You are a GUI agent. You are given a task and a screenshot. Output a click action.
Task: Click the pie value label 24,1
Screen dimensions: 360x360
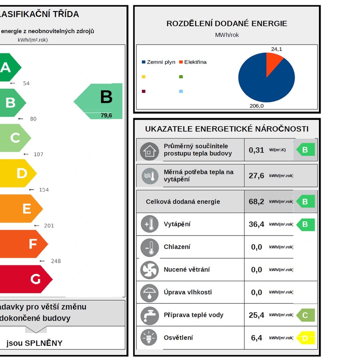(276, 49)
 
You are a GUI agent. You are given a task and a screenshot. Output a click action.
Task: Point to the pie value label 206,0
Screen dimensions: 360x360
(257, 106)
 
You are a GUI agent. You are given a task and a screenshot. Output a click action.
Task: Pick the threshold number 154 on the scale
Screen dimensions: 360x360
(44, 190)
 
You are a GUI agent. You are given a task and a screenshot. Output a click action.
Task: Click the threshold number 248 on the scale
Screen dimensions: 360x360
(56, 261)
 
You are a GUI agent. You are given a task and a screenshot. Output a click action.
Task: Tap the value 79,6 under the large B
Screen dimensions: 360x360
(106, 115)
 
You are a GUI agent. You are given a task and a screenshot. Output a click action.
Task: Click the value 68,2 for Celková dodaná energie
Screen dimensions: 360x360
(256, 202)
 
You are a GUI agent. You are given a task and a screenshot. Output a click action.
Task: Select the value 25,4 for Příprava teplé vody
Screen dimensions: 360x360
(256, 315)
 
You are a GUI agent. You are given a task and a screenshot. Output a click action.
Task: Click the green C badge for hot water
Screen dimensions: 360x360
(305, 315)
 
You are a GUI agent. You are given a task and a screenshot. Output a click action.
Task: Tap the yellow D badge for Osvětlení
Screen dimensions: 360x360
(305, 338)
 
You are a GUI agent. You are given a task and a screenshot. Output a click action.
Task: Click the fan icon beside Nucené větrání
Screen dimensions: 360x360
(150, 270)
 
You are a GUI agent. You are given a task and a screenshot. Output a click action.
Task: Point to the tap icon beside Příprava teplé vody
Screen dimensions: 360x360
(150, 315)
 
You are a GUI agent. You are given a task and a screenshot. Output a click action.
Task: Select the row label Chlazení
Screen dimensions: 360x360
(177, 247)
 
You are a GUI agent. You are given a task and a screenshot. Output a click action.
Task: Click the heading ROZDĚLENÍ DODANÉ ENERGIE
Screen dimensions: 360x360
(227, 24)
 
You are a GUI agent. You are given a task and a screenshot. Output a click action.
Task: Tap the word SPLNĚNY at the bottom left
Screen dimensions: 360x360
(44, 343)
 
